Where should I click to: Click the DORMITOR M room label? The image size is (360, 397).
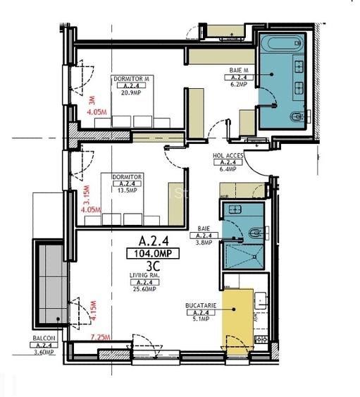(x=132, y=78)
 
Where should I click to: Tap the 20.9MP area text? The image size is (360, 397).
(x=131, y=92)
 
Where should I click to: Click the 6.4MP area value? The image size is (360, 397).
(x=228, y=169)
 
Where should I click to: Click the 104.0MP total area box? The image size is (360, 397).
(x=148, y=253)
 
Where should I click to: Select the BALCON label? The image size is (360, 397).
(x=44, y=338)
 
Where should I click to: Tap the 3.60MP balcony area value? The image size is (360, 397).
(x=44, y=352)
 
